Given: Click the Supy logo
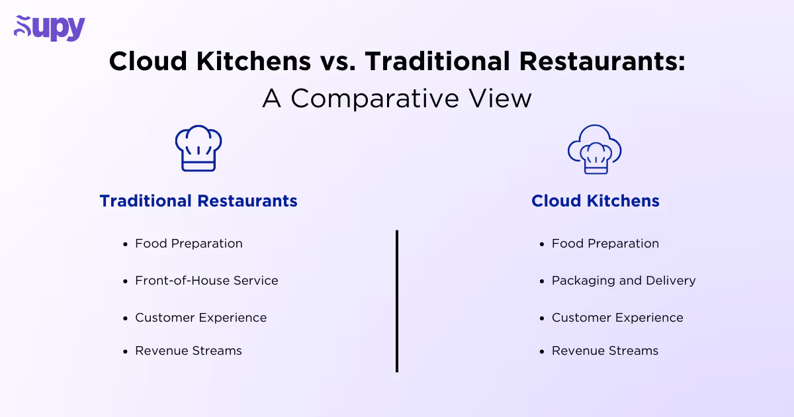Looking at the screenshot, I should pyautogui.click(x=50, y=28).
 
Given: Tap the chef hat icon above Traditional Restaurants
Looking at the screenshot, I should pyautogui.click(x=198, y=149).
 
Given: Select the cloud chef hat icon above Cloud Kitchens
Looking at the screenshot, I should pyautogui.click(x=595, y=150).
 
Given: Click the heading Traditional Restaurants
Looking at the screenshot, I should pyautogui.click(x=198, y=201).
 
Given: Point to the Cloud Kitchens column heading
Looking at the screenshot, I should pyautogui.click(x=595, y=201).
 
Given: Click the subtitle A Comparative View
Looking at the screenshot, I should pyautogui.click(x=397, y=99).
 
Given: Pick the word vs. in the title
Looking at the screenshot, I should pyautogui.click(x=337, y=62).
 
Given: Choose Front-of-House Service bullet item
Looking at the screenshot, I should pyautogui.click(x=206, y=281).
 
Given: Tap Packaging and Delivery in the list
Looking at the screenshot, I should pyautogui.click(x=623, y=281).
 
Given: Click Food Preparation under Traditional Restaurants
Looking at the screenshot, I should pyautogui.click(x=189, y=244).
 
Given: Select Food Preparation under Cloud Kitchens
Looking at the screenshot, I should pyautogui.click(x=605, y=244).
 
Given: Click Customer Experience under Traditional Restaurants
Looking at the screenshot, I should pyautogui.click(x=200, y=318).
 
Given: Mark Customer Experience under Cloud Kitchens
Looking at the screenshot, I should pyautogui.click(x=617, y=318).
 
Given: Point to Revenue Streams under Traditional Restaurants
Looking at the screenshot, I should pyautogui.click(x=189, y=351).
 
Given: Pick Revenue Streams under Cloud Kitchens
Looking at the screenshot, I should pyautogui.click(x=605, y=351).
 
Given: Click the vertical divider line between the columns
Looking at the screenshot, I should pyautogui.click(x=397, y=301).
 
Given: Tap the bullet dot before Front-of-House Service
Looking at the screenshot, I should pyautogui.click(x=125, y=281).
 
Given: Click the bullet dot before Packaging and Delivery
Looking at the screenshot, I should pyautogui.click(x=542, y=281).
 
